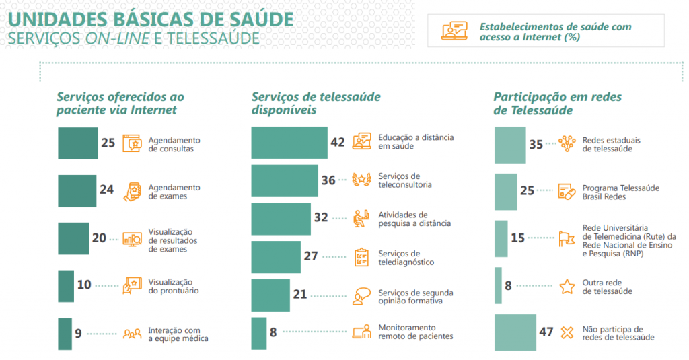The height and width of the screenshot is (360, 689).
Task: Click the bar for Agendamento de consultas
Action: point(77,143)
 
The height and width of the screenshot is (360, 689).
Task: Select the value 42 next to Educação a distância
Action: point(337,142)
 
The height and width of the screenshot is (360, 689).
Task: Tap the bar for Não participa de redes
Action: point(515,332)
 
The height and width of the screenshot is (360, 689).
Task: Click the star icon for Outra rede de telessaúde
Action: point(567,287)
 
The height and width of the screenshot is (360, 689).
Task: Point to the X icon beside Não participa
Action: point(567,332)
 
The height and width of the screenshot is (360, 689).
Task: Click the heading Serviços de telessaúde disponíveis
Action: point(316,103)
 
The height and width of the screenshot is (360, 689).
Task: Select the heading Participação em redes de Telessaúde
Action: point(557,103)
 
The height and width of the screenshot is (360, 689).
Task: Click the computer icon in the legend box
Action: point(454,32)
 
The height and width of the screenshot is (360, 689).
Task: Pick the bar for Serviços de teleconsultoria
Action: point(285,180)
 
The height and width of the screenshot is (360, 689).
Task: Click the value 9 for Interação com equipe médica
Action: point(78,332)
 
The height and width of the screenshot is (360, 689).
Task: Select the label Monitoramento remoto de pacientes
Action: point(415,331)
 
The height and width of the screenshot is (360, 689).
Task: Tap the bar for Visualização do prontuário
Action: point(66,285)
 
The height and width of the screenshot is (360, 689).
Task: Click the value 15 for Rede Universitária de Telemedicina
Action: point(517,238)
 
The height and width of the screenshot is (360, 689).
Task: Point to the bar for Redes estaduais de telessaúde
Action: point(510,144)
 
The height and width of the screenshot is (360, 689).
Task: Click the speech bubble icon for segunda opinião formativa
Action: point(362,295)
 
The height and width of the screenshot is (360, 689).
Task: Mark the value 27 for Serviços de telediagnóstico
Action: point(310,256)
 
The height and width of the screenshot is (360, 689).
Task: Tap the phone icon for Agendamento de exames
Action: point(133,191)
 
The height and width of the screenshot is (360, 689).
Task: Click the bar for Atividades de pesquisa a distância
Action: point(281,219)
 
